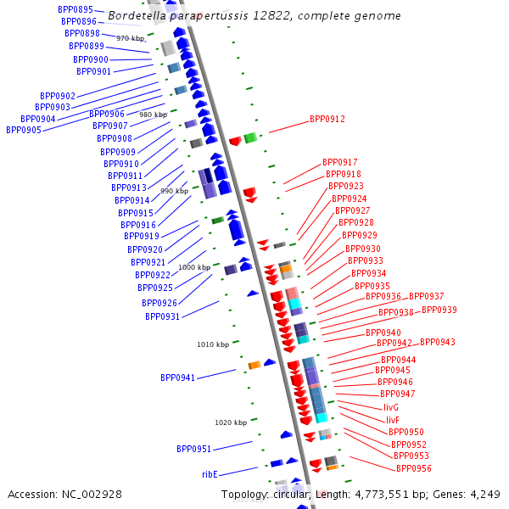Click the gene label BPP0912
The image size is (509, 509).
click(327, 120)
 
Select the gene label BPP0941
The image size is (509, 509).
click(177, 378)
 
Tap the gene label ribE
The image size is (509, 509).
click(210, 474)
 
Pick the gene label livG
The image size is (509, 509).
click(390, 407)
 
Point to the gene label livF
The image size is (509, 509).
click(392, 420)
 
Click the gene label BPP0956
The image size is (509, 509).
click(413, 468)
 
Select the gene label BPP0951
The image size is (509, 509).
click(194, 449)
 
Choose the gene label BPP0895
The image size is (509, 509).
click(76, 9)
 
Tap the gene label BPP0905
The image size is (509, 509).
click(24, 130)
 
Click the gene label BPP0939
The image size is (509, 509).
click(439, 310)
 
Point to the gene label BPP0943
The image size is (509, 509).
click(437, 343)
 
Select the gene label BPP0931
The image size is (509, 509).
click(162, 316)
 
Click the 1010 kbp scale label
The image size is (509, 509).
click(213, 344)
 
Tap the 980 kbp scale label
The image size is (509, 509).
click(153, 115)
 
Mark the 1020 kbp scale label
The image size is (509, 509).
click(231, 422)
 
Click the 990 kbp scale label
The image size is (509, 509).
click(174, 191)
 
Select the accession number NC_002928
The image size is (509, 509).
click(92, 494)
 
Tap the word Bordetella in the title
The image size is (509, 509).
click(140, 15)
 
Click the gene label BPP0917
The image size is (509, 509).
click(339, 162)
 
